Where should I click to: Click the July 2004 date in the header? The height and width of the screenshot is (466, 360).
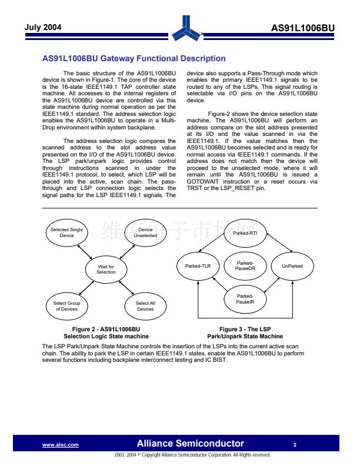tap(43, 27)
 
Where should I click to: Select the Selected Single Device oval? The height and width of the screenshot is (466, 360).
tap(66, 232)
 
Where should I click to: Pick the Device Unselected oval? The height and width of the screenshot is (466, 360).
tap(145, 232)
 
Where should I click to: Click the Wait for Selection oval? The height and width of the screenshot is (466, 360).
tap(106, 269)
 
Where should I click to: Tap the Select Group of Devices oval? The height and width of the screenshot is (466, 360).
tap(66, 306)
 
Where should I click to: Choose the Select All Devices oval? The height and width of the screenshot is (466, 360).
tap(145, 306)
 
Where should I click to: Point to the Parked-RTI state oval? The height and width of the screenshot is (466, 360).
tap(245, 233)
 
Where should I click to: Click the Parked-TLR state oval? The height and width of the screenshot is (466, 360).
tap(198, 266)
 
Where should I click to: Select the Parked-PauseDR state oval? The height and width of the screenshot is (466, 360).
tap(245, 266)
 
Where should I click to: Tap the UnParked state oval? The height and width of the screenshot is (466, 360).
tap(292, 266)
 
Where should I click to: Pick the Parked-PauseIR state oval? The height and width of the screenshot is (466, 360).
tap(245, 299)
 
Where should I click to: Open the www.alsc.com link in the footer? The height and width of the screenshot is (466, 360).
tap(61, 445)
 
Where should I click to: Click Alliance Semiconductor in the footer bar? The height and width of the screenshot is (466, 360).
tap(190, 444)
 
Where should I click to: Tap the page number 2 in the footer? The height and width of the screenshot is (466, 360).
tap(295, 444)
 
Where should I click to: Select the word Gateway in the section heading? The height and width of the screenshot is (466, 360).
tap(118, 58)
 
